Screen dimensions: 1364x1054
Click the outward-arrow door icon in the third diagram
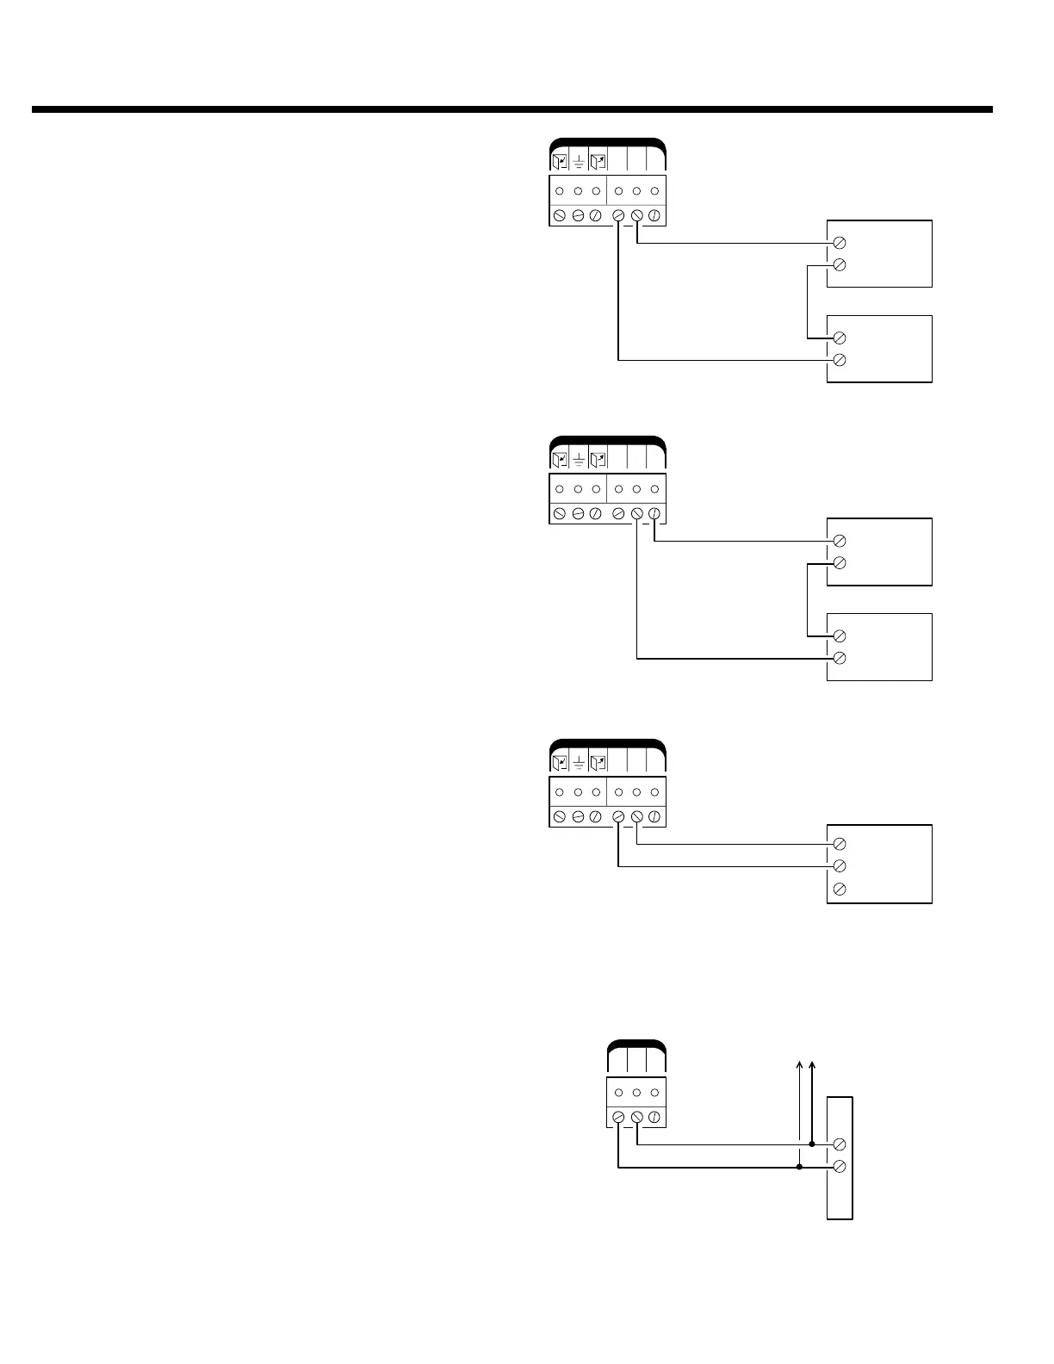pyautogui.click(x=598, y=762)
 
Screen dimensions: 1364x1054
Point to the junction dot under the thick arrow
pyautogui.click(x=812, y=1144)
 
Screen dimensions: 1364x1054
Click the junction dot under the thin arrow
pyautogui.click(x=800, y=1168)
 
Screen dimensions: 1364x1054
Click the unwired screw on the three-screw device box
pyautogui.click(x=840, y=889)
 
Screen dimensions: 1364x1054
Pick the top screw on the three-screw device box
pyautogui.click(x=840, y=844)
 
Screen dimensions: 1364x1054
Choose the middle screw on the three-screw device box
pyautogui.click(x=840, y=866)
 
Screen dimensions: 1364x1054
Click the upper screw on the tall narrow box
pyautogui.click(x=840, y=1144)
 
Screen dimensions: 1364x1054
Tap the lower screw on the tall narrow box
pyautogui.click(x=840, y=1167)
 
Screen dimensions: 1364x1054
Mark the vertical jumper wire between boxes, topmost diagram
pyautogui.click(x=807, y=301)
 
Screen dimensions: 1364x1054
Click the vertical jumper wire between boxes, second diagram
pyautogui.click(x=807, y=600)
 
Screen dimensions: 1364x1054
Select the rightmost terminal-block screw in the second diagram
pyautogui.click(x=654, y=514)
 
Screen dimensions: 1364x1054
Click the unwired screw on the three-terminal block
pyautogui.click(x=654, y=1117)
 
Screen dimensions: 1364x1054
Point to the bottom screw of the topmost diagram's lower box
pyautogui.click(x=840, y=360)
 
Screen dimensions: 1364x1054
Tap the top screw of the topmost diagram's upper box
pyautogui.click(x=840, y=243)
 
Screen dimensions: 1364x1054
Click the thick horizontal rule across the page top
pyautogui.click(x=512, y=109)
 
